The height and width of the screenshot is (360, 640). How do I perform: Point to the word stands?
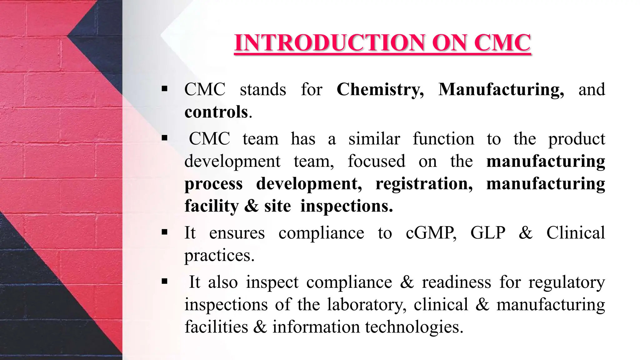pos(263,90)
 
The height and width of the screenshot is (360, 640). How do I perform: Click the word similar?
pos(374,139)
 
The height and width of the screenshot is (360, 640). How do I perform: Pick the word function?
pos(443,139)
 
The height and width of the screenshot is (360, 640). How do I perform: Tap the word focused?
pos(376,162)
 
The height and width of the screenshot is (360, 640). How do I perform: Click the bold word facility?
pos(212,206)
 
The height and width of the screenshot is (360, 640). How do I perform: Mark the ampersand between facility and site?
pos(252,206)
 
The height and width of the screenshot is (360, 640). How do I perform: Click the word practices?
pos(219,256)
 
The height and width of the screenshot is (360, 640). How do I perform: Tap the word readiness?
pos(456,282)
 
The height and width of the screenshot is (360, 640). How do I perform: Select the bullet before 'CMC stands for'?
pos(165,89)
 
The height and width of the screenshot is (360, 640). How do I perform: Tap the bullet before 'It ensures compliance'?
pos(165,232)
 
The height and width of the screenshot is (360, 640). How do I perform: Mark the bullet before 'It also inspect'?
pos(165,282)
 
